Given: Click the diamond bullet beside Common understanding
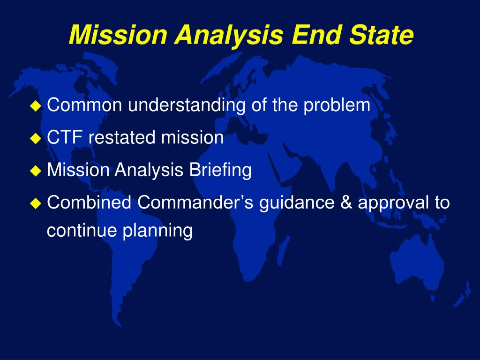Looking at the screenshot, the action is pos(36,106).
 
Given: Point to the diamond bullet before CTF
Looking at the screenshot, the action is pos(36,138).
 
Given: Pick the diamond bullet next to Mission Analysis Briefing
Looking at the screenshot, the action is pos(36,171).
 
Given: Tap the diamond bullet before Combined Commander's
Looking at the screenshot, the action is pos(36,203).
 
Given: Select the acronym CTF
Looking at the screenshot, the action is pos(65,137).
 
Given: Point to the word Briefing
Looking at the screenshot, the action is pos(220,170).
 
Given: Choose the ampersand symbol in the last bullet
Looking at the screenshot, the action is pos(346,202).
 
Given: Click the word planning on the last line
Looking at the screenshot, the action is pos(157,231).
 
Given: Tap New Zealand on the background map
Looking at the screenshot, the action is pos(462,294).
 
